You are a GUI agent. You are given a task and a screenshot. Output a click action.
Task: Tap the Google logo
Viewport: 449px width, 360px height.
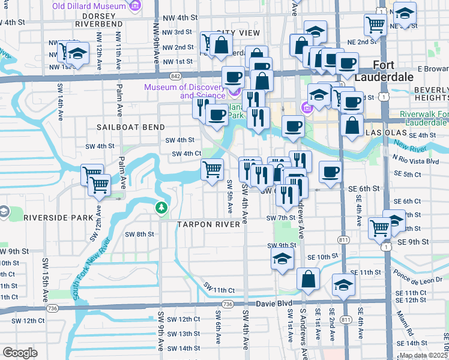point(20,353)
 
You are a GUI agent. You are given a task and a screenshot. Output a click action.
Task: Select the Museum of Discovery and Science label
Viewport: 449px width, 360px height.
point(184,91)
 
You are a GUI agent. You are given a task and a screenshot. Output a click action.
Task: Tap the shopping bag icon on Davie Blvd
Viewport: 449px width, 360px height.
point(308,280)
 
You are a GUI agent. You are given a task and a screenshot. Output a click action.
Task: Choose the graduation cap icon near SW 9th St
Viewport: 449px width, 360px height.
point(282,260)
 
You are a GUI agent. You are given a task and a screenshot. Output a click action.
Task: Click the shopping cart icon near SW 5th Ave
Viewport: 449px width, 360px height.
point(212,170)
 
